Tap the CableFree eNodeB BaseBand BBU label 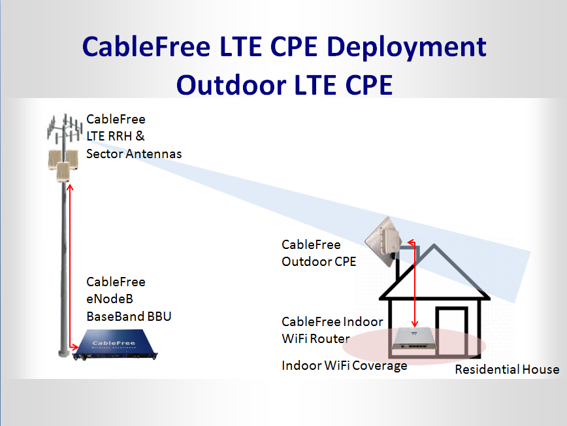[129, 299]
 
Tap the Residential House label [507, 370]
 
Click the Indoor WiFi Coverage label [344, 365]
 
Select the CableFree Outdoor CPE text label [319, 254]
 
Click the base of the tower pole [63, 352]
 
